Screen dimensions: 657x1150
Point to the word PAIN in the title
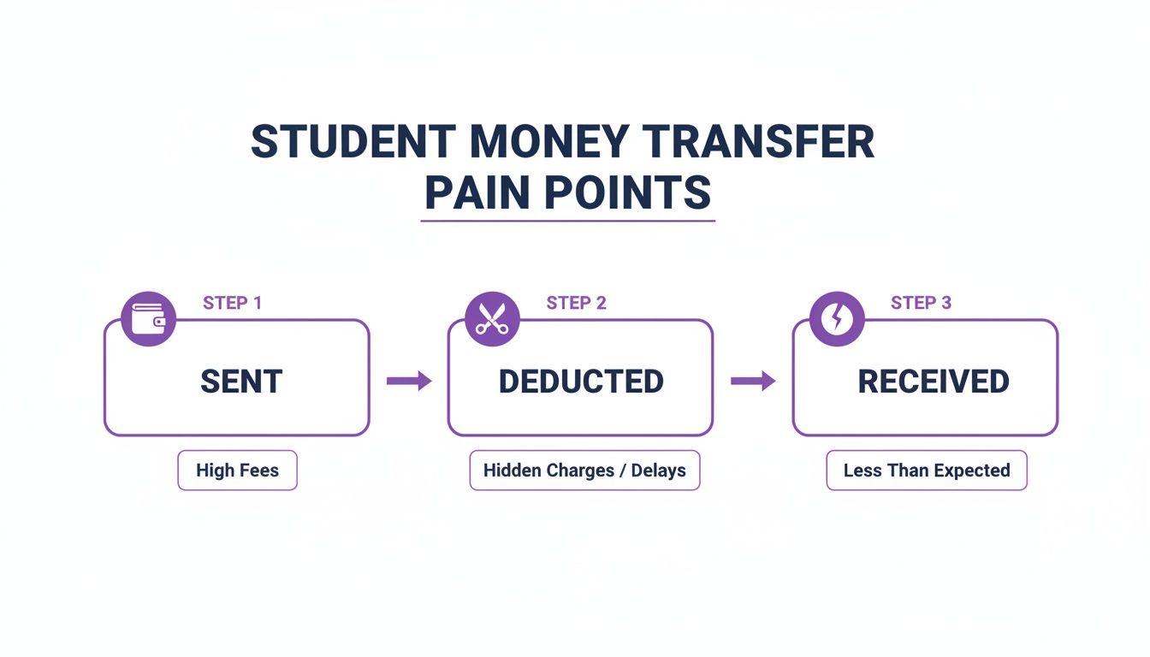click(x=478, y=193)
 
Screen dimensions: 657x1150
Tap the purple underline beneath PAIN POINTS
click(x=567, y=222)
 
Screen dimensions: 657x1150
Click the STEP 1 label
click(x=232, y=303)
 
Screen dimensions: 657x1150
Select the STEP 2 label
click(x=576, y=303)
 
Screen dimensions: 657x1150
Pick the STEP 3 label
click(x=921, y=303)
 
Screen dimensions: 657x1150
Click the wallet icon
click(x=149, y=319)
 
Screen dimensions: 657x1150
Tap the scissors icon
click(x=492, y=319)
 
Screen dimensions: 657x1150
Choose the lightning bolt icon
click(x=836, y=319)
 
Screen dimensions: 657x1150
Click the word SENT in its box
click(x=241, y=382)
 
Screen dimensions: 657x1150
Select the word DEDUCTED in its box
click(x=581, y=382)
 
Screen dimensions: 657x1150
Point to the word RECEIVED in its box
click(x=933, y=382)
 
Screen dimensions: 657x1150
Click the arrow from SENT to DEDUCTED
click(x=409, y=382)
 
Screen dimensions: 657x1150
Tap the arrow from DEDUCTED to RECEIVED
click(x=753, y=382)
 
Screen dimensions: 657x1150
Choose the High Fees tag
click(x=237, y=471)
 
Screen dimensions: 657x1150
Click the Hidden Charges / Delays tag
click(x=584, y=471)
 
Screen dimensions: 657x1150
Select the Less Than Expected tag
click(x=926, y=471)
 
